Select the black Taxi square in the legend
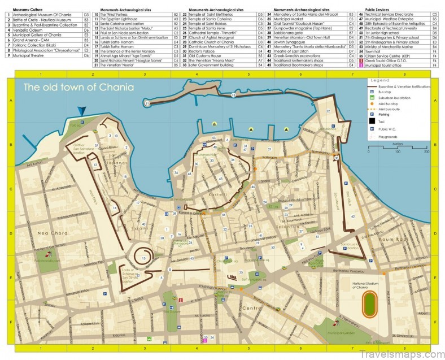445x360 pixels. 373,121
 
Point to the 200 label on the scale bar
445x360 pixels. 426,152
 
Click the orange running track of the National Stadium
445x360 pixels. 369,303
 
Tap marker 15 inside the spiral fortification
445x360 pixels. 145,258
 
